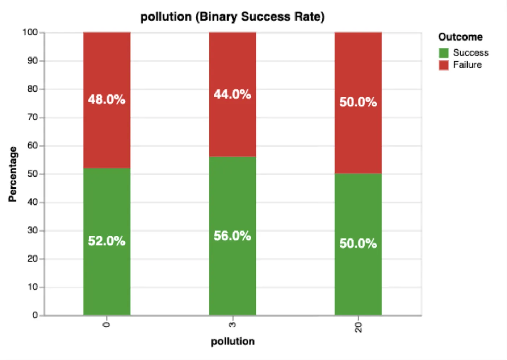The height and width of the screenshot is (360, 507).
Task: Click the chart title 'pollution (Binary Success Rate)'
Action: pos(232,17)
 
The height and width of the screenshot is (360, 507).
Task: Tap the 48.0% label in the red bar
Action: pos(106,99)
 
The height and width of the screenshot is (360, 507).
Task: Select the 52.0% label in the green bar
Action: pos(106,241)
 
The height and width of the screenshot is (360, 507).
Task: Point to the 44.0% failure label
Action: pos(232,94)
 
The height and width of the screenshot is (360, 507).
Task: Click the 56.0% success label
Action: pos(232,236)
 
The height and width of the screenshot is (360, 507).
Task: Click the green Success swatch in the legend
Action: pos(443,53)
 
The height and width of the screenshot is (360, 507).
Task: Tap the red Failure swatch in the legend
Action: pos(443,65)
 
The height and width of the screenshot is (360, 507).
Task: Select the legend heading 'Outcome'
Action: pos(460,37)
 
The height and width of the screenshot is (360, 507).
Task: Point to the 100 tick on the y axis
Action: pos(30,32)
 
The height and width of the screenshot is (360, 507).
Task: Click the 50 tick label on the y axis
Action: pos(32,174)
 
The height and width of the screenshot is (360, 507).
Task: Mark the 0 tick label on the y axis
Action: pos(35,315)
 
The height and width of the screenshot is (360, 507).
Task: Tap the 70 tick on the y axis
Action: pos(32,117)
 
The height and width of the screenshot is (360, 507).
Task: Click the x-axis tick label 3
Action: pos(232,325)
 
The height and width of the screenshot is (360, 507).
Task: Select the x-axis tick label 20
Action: pos(358,327)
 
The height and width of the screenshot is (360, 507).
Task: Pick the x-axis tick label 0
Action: pos(106,325)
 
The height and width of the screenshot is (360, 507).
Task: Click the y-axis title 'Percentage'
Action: pos(13,174)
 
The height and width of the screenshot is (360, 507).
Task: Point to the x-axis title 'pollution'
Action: pos(232,341)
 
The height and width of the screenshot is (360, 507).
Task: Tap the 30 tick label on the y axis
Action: pos(32,230)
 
